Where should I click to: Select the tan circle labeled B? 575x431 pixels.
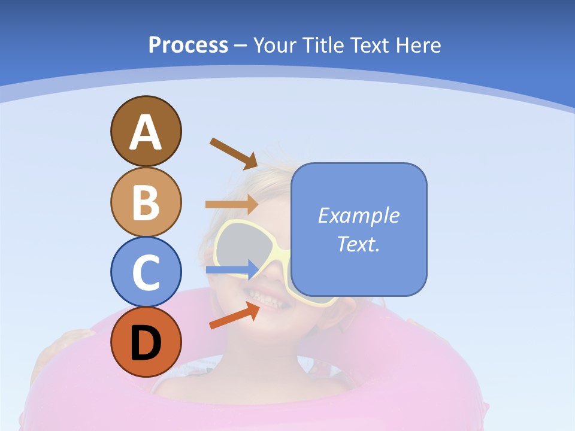(x=146, y=202)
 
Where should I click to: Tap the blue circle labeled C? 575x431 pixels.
(x=146, y=272)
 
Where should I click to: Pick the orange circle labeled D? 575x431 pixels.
(x=146, y=342)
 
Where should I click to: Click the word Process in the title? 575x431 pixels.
(x=188, y=45)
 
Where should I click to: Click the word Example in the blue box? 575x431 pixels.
(x=358, y=215)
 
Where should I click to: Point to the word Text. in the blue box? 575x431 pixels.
(x=358, y=244)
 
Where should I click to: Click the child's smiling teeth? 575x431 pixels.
(x=270, y=295)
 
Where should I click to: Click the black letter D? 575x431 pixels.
(x=146, y=342)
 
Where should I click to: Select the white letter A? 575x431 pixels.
(x=146, y=132)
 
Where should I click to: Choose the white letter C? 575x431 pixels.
(x=146, y=272)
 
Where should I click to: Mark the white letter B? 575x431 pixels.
(x=146, y=202)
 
